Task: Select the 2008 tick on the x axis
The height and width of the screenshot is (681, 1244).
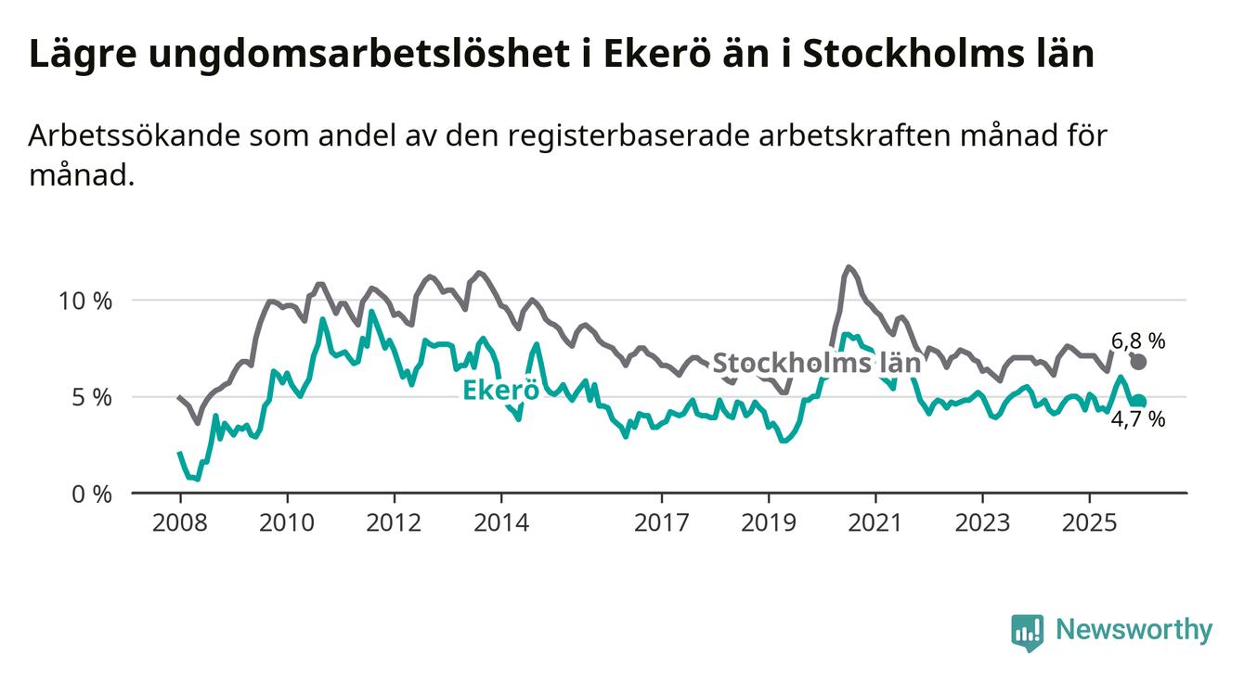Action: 179,523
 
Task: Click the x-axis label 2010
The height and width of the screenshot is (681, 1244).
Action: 286,523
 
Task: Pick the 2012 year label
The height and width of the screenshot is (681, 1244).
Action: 394,523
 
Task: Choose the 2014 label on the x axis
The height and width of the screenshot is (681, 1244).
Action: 501,523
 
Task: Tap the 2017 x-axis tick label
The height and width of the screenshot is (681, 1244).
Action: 662,523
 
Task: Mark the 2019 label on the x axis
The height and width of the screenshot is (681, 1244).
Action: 769,523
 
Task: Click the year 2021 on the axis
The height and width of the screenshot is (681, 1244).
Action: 876,523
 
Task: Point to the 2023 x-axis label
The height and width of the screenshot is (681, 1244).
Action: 983,523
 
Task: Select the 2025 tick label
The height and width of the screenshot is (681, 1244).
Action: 1091,523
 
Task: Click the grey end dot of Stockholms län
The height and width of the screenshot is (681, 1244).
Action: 1138,362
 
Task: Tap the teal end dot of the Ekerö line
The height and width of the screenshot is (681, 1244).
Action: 1139,402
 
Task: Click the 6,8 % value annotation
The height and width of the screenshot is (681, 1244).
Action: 1138,340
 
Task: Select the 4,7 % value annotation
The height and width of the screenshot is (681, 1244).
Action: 1138,419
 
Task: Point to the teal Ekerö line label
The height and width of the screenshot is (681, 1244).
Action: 501,391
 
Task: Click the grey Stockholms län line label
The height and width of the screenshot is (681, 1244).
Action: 816,363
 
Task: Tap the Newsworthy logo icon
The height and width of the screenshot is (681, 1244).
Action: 1027,632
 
